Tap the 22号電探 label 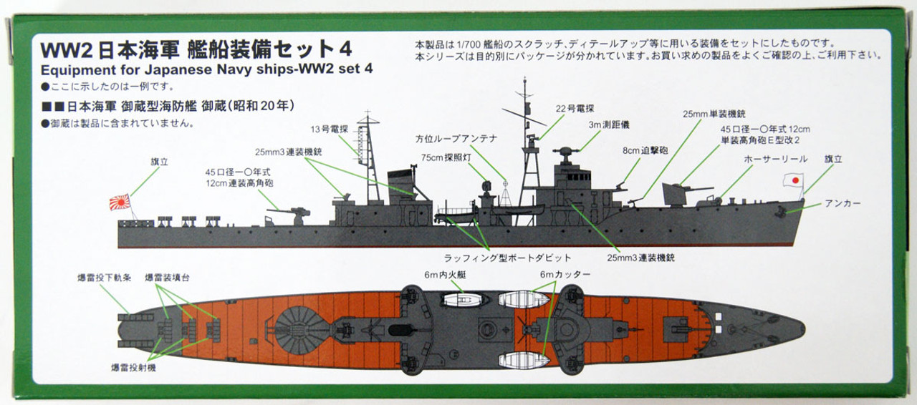click(570, 109)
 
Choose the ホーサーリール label click(775, 158)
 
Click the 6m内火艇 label click(443, 275)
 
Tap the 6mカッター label click(566, 275)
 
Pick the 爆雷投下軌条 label click(104, 276)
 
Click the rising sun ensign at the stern click(120, 202)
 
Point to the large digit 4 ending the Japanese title click(344, 50)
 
